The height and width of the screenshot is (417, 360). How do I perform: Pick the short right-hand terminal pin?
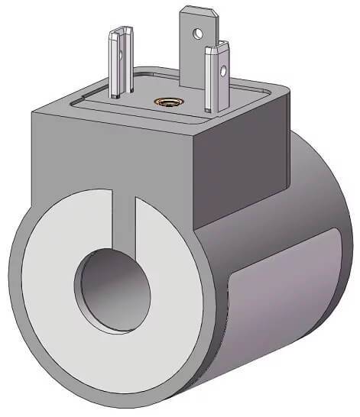(217, 80)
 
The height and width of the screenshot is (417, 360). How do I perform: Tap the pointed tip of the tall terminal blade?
(187, 10)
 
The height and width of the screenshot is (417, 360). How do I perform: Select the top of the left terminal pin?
(121, 31)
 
